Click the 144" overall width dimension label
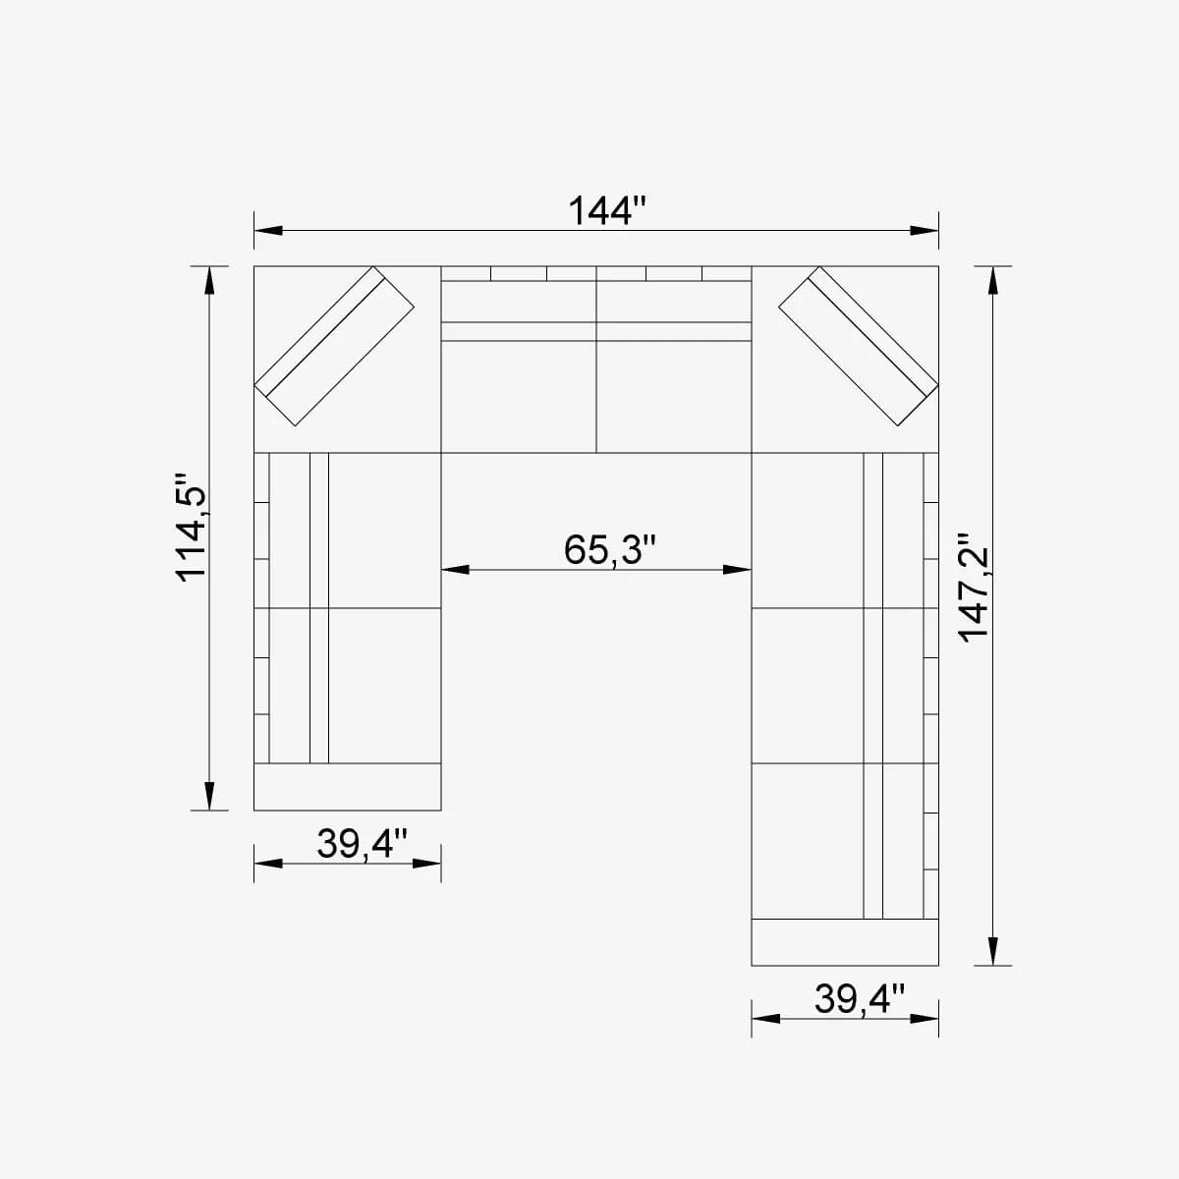[608, 210]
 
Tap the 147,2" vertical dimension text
[976, 589]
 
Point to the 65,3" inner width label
[609, 549]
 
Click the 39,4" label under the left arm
[362, 843]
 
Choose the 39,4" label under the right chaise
[859, 999]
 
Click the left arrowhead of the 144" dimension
[268, 231]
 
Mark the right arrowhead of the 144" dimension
[925, 231]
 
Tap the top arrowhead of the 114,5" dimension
[208, 280]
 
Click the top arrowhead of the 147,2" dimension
[993, 280]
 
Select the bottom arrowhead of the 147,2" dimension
[993, 951]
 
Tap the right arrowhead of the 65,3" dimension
[737, 569]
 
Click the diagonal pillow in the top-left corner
[335, 346]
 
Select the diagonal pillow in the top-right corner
[855, 346]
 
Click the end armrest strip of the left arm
[347, 786]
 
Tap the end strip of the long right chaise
[845, 942]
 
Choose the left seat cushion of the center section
[519, 396]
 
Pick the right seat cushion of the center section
[674, 396]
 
